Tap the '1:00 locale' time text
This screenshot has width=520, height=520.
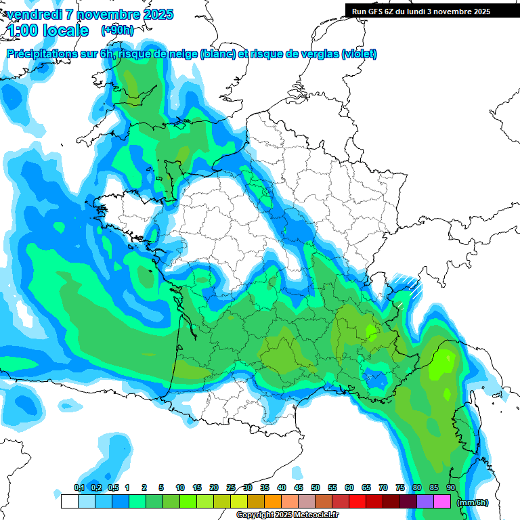point(49,30)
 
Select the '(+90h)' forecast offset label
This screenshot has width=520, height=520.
point(117,30)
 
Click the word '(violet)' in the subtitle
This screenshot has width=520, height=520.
point(359,54)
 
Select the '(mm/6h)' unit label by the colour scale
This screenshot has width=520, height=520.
point(473,502)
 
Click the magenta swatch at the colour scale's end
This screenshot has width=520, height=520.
point(442,502)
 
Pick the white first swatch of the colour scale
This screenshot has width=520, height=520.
point(69,502)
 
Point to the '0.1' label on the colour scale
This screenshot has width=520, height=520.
point(79,487)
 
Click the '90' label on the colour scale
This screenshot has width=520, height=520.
point(451,487)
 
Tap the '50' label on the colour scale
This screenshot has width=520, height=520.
point(316,487)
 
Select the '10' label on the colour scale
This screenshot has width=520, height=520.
point(180,487)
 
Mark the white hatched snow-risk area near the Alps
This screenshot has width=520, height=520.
point(408,283)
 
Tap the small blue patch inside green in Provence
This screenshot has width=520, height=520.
point(374,381)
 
